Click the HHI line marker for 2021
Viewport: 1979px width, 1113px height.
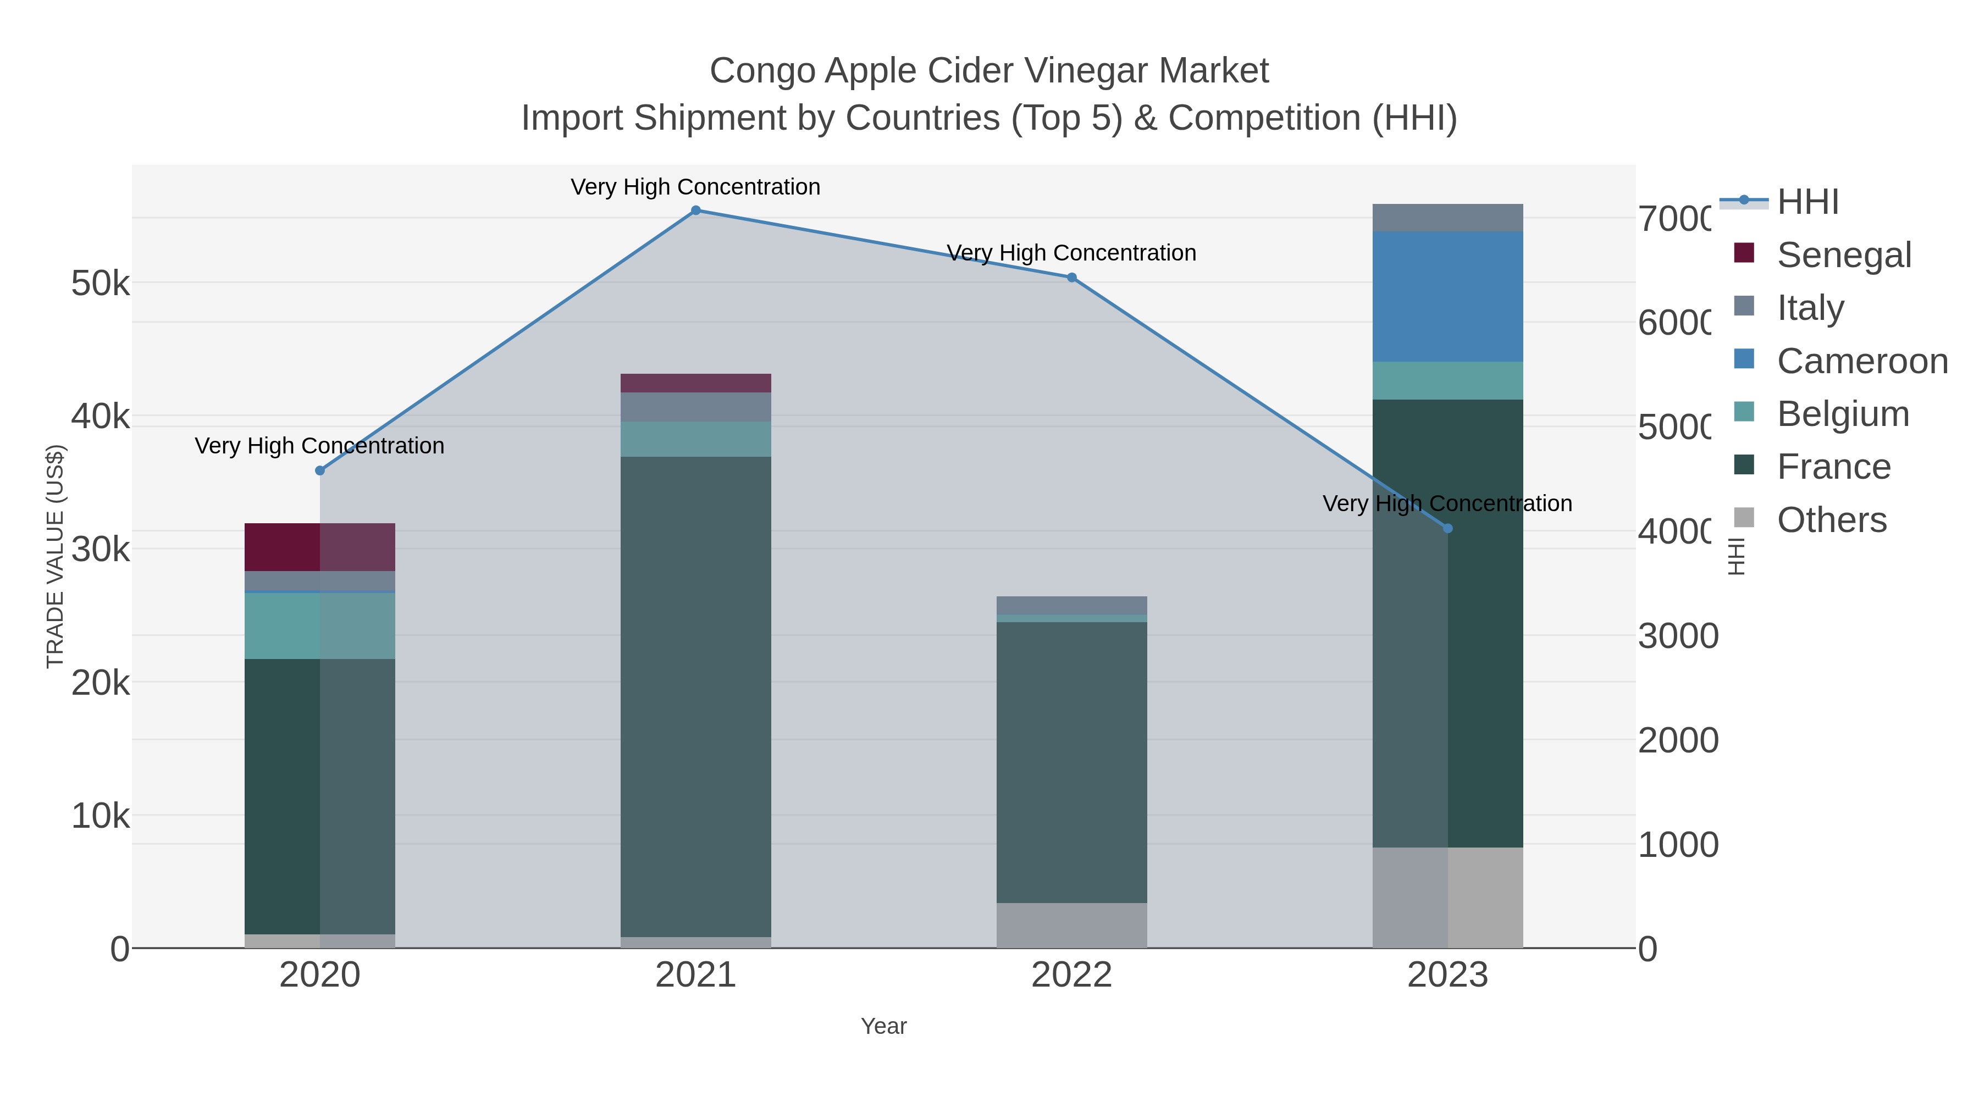pos(695,210)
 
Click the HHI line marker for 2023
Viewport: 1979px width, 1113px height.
pos(1447,528)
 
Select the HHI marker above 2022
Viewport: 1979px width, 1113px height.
pos(1072,278)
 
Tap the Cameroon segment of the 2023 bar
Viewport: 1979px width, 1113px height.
pos(1447,296)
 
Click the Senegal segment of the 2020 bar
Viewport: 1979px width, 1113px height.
pos(319,547)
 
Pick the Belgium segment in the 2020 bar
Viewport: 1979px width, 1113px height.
pos(319,625)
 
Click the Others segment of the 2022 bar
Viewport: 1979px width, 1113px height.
pos(1072,925)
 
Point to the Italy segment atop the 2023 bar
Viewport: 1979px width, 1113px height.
pos(1447,217)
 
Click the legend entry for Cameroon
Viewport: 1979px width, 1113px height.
pos(1862,361)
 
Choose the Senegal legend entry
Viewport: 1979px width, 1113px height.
pos(1844,255)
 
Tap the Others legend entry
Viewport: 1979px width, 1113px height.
pos(1832,520)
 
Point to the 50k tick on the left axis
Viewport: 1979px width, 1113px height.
pos(101,284)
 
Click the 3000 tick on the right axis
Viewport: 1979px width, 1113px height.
pos(1678,636)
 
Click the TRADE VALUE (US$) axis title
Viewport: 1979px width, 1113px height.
pos(56,556)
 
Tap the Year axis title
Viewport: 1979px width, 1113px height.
pos(883,1026)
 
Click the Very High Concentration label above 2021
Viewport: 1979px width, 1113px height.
pos(695,187)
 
